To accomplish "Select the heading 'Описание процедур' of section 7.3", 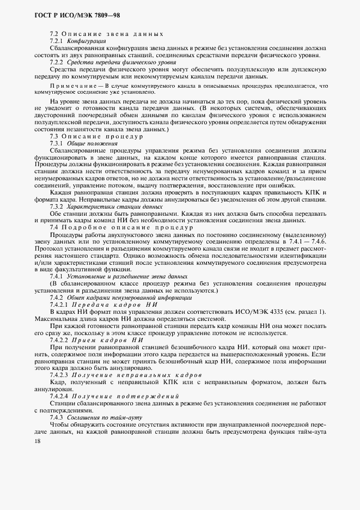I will pyautogui.click(x=104, y=136).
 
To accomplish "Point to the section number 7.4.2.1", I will pyautogui.click(x=59, y=305).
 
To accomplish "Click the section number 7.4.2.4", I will pyautogui.click(x=59, y=396).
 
